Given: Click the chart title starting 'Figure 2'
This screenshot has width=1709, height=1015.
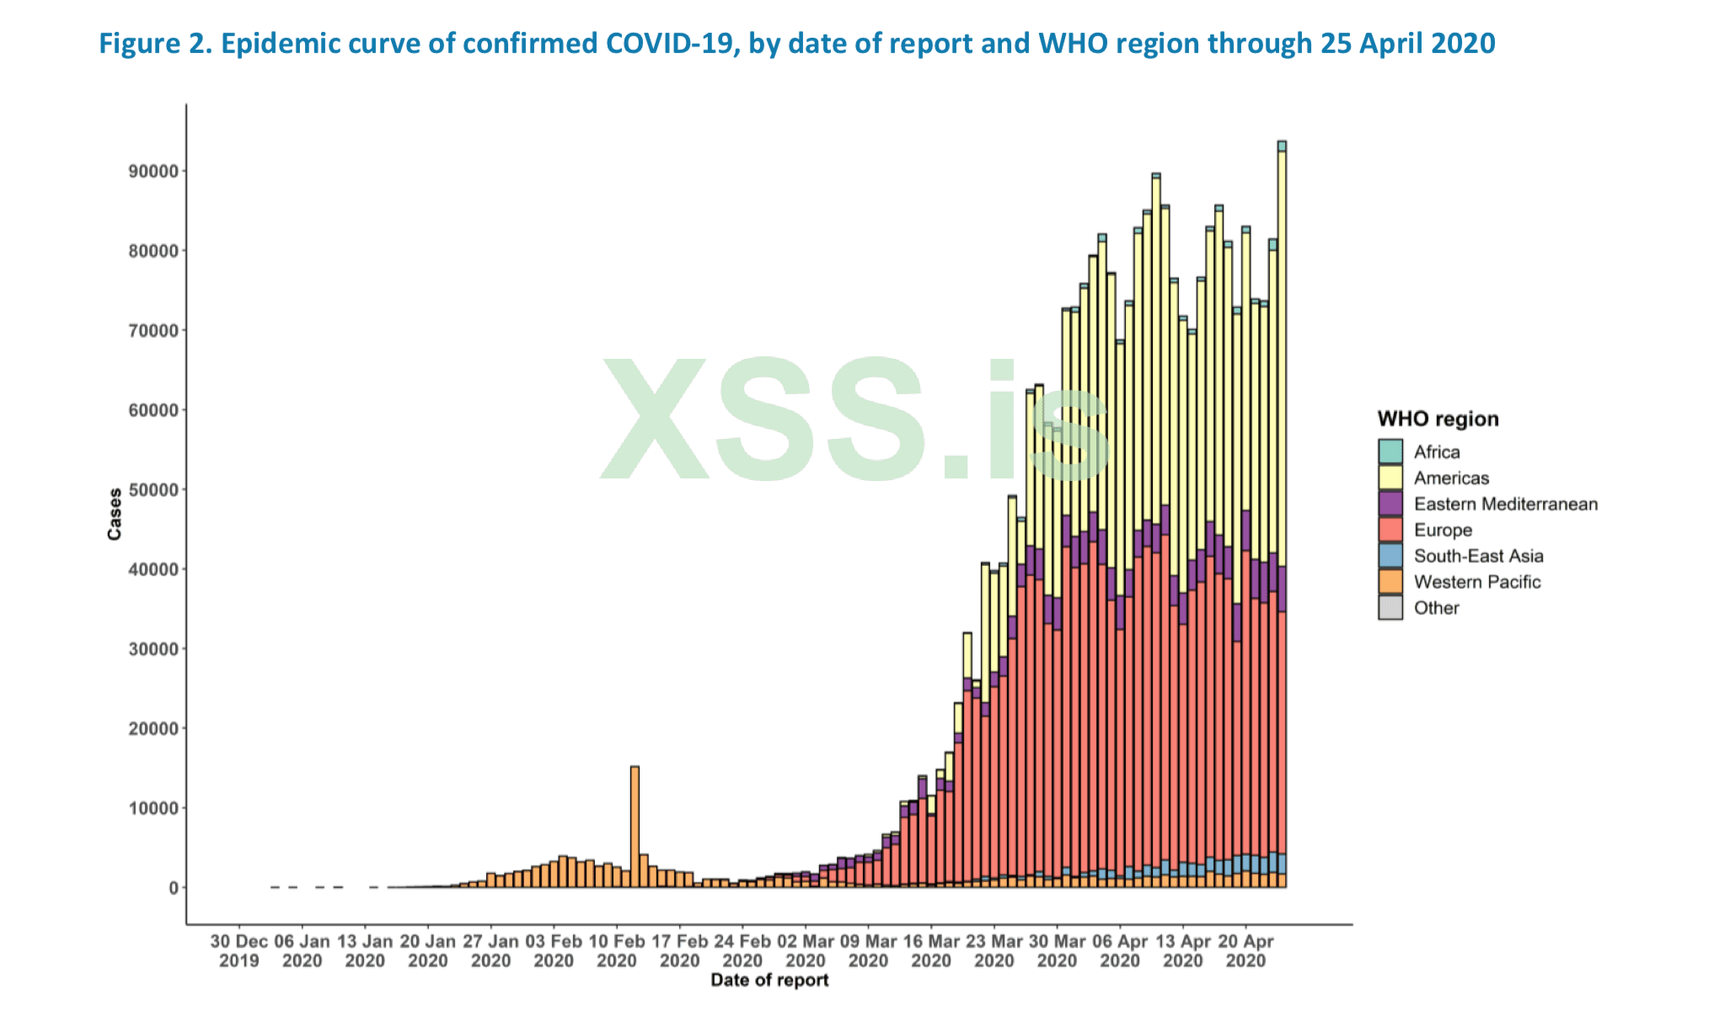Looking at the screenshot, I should click(x=796, y=43).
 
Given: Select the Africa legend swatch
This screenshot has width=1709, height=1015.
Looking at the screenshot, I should click(x=1390, y=451).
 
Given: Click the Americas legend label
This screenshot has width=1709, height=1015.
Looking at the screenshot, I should click(x=1451, y=478).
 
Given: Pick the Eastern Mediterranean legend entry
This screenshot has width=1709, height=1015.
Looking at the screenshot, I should click(x=1505, y=504).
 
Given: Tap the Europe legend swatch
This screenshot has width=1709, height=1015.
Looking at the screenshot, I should click(x=1390, y=530).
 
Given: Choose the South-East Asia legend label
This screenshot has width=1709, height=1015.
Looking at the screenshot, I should click(x=1478, y=556).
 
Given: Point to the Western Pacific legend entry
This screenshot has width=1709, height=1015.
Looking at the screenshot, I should click(x=1476, y=582).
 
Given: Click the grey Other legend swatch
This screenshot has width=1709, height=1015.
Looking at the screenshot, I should click(x=1390, y=608).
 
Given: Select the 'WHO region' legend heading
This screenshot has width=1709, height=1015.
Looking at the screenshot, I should click(x=1438, y=419).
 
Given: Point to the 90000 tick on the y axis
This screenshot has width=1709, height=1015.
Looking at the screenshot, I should click(x=153, y=172).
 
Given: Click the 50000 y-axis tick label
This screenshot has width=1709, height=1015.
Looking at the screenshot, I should click(x=153, y=490).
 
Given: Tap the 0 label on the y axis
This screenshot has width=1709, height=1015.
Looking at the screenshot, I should click(x=173, y=888).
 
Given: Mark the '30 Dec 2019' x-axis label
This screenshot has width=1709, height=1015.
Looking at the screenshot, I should click(x=239, y=951).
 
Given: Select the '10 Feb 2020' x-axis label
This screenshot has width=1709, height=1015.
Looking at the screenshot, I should click(x=617, y=951).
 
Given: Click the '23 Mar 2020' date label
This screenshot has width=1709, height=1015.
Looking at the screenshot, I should click(x=994, y=951).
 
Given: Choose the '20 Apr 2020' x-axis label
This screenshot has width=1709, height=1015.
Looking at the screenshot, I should click(x=1246, y=951).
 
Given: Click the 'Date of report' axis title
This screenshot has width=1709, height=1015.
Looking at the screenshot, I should click(x=769, y=980).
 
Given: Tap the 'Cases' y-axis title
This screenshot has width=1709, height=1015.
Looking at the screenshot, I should click(x=115, y=514).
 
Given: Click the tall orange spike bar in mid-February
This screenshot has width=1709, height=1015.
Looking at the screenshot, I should click(x=635, y=825).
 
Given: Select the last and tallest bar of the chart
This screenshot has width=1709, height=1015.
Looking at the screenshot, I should click(x=1282, y=505).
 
